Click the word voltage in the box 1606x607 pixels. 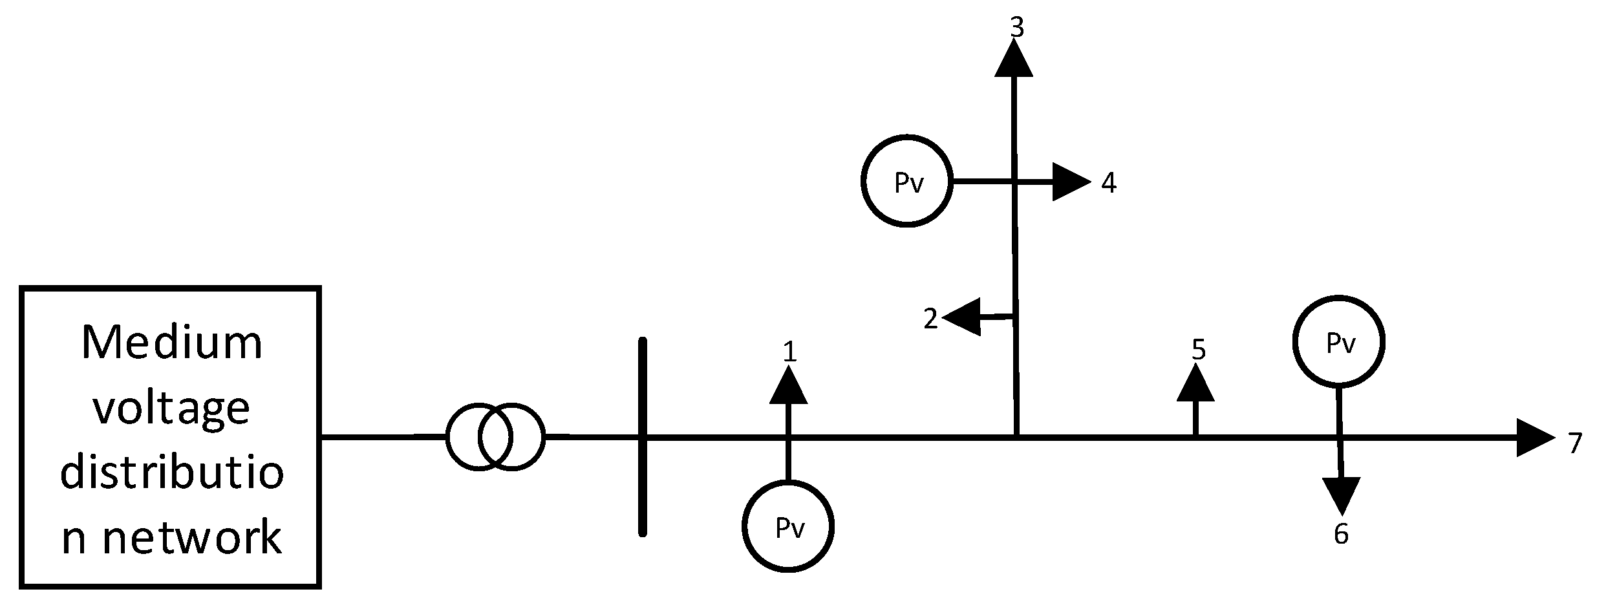coord(172,409)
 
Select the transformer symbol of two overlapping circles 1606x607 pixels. coord(495,436)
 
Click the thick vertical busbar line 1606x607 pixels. coord(642,437)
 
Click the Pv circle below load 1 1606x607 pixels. coord(788,526)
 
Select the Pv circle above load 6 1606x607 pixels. coord(1339,342)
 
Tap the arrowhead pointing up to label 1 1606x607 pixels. coord(788,387)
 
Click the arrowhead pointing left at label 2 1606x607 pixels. coord(963,317)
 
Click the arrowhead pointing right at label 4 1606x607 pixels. coord(1070,182)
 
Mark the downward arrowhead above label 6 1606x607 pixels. coord(1341,495)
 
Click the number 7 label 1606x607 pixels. coord(1575,443)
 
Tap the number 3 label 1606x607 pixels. coord(1017,27)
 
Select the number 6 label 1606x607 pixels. coord(1341,534)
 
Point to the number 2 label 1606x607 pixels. coord(930,319)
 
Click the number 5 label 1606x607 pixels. coord(1198,350)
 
